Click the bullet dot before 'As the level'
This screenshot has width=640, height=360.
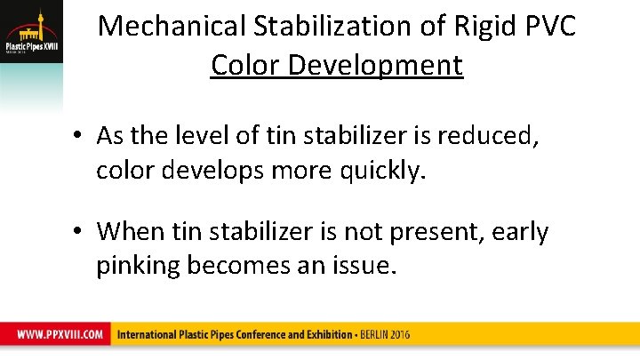click(x=79, y=136)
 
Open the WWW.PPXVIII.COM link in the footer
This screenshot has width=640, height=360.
click(x=59, y=335)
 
